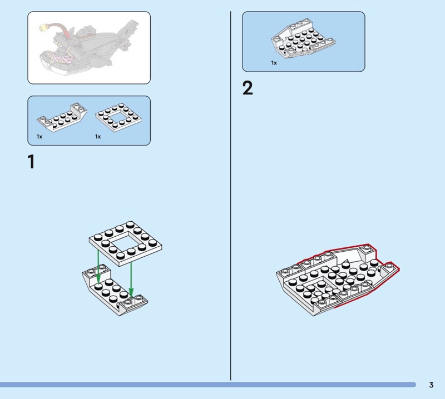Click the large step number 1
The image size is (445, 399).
(x=31, y=162)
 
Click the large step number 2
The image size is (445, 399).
(x=248, y=88)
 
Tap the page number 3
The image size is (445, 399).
(x=431, y=385)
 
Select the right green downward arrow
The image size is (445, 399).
(x=131, y=277)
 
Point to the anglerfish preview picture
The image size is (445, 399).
(x=89, y=48)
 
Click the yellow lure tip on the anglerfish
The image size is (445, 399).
(x=42, y=26)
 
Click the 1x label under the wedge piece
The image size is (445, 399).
(x=39, y=136)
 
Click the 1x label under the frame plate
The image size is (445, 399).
(x=98, y=136)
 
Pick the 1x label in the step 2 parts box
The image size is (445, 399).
(x=274, y=63)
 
